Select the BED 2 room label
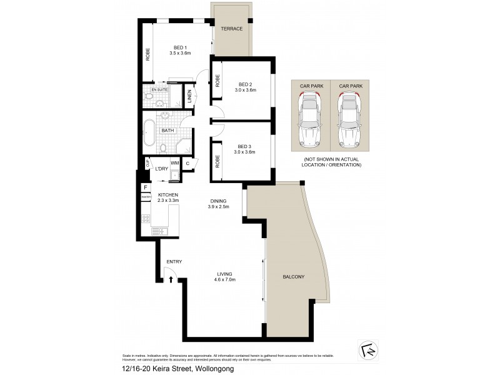pos(245,84)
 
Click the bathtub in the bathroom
pos(150,131)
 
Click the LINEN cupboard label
pos(190,96)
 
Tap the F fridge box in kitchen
pos(146,187)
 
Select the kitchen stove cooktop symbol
pos(146,219)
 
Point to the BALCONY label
pos(294,277)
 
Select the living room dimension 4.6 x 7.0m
pos(224,280)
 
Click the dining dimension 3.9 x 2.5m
pos(218,207)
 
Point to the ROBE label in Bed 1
pos(147,56)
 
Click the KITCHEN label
pos(168,195)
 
